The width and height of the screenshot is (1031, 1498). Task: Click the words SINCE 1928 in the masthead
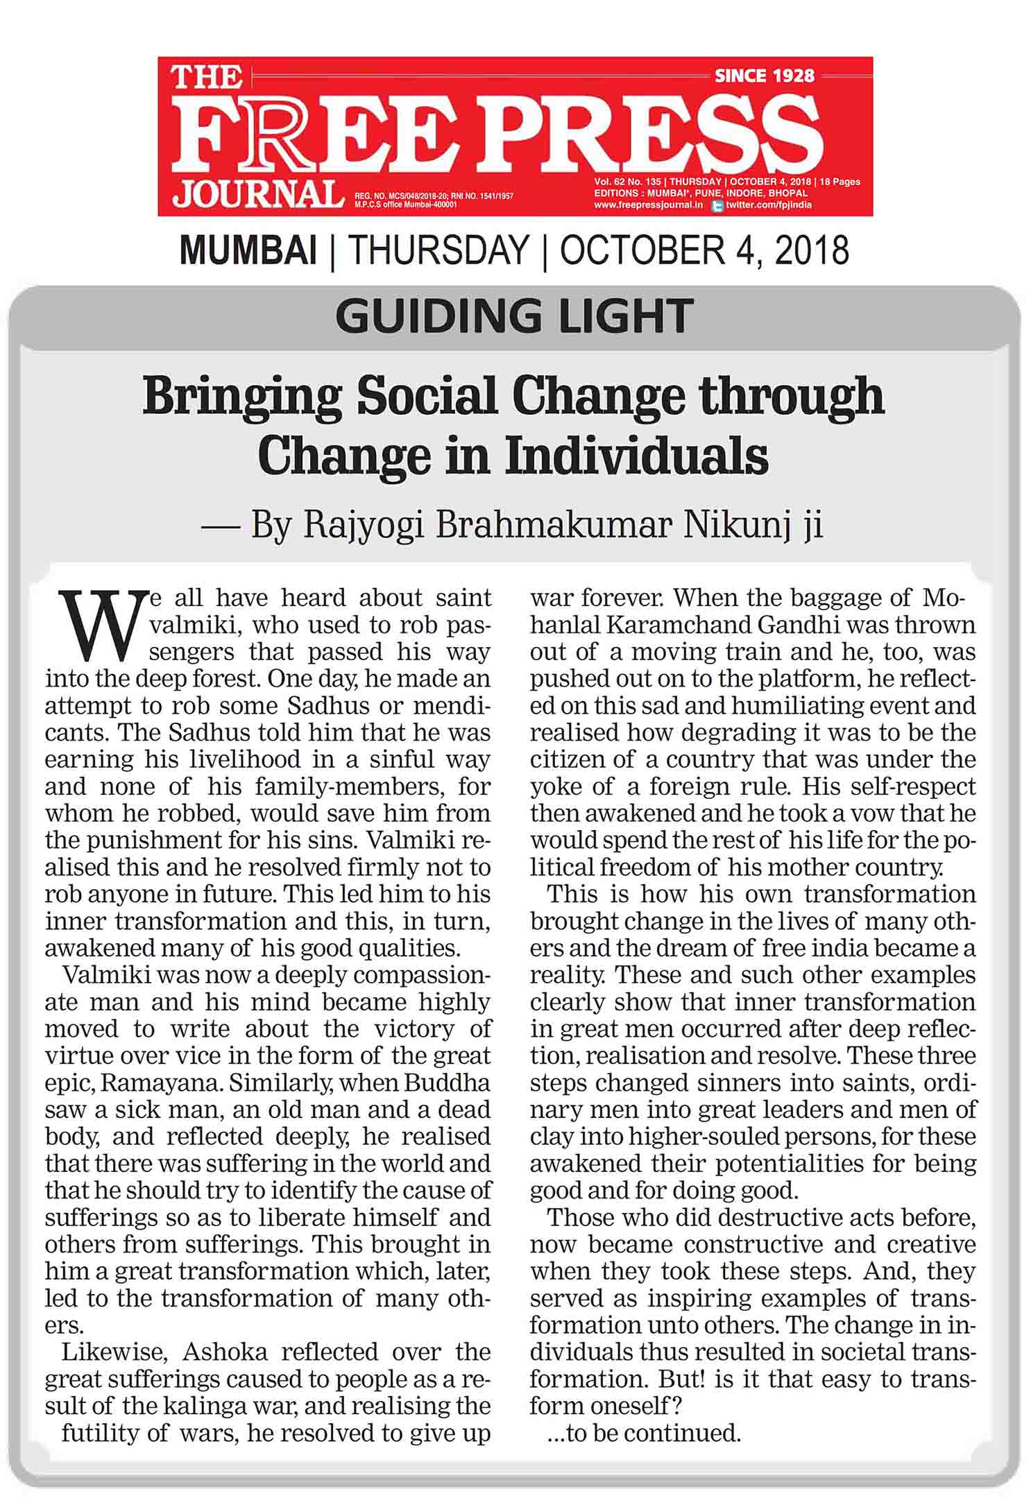(x=764, y=75)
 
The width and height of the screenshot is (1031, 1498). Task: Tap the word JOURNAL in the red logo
(x=257, y=194)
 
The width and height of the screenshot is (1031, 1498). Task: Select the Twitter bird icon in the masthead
(x=718, y=205)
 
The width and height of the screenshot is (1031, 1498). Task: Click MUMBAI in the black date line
(x=248, y=250)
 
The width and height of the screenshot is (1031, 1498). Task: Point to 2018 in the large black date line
(x=812, y=250)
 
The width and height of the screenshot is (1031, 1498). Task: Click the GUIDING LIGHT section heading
(x=514, y=316)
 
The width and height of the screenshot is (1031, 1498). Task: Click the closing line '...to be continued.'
(x=644, y=1433)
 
